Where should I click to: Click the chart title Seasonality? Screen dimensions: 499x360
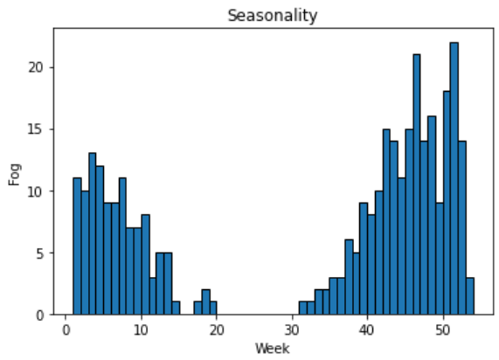pos(273,16)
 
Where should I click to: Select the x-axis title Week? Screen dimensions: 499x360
pos(273,349)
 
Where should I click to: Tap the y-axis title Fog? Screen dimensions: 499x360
pos(15,175)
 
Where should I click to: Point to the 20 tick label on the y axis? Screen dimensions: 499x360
pos(37,67)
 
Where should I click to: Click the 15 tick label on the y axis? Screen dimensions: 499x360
pos(37,129)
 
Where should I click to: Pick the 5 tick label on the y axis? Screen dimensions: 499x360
pos(40,253)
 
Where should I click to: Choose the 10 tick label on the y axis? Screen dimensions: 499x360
pos(37,191)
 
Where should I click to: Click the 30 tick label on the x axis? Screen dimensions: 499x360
pos(292,330)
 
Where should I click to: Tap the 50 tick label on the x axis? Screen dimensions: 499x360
pos(443,330)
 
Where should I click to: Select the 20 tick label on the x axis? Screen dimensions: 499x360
pos(217,330)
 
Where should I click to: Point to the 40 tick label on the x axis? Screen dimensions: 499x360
pos(367,330)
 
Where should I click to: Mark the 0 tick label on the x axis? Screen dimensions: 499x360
pos(66,330)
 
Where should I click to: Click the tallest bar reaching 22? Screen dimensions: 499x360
pos(454,178)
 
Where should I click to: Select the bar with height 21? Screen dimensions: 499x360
pos(417,184)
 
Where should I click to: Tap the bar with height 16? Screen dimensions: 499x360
pos(432,216)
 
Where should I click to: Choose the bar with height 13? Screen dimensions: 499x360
pos(93,234)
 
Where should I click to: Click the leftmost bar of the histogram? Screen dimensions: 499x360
pos(77,246)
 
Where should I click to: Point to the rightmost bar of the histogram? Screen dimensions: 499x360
pos(470,296)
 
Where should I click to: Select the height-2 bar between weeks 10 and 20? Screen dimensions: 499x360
pos(206,302)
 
